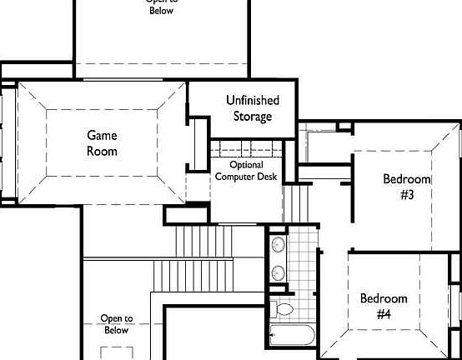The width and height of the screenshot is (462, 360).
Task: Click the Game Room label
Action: (102, 142)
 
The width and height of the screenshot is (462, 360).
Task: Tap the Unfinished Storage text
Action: (252, 108)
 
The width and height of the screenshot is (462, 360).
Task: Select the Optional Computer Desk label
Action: (246, 170)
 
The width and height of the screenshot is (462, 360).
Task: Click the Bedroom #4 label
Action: (384, 306)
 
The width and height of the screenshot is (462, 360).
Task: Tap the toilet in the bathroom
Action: (284, 309)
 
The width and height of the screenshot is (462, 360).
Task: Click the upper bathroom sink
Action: (278, 245)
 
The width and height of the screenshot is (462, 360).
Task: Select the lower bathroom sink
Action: (278, 271)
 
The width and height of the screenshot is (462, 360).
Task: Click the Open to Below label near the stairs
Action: (117, 324)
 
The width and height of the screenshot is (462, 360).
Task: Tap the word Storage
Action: (252, 117)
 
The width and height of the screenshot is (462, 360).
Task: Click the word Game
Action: (102, 135)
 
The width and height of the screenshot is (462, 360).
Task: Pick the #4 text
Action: (384, 314)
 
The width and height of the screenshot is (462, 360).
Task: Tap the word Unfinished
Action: (252, 100)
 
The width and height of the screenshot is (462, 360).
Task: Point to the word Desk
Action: (271, 176)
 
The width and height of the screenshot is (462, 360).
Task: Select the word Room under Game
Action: (102, 151)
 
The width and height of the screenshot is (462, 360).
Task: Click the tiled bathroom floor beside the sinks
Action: (304, 258)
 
